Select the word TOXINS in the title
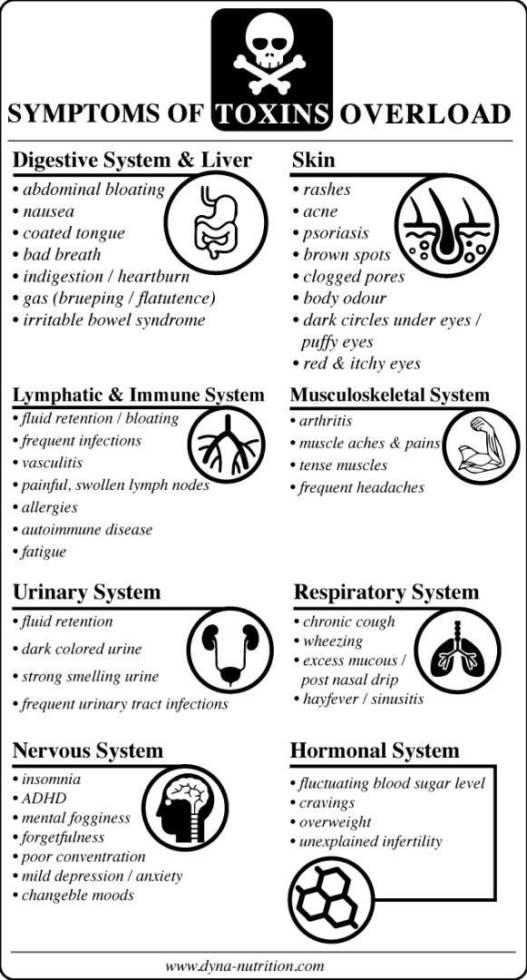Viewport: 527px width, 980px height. point(271,114)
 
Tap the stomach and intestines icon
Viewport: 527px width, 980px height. point(216,221)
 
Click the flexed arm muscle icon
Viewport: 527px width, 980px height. point(481,446)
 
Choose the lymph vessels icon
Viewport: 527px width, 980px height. point(227,445)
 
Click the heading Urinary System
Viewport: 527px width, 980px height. point(87,593)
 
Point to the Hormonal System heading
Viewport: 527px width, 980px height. point(375,750)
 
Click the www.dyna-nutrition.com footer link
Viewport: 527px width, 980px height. point(245,965)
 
